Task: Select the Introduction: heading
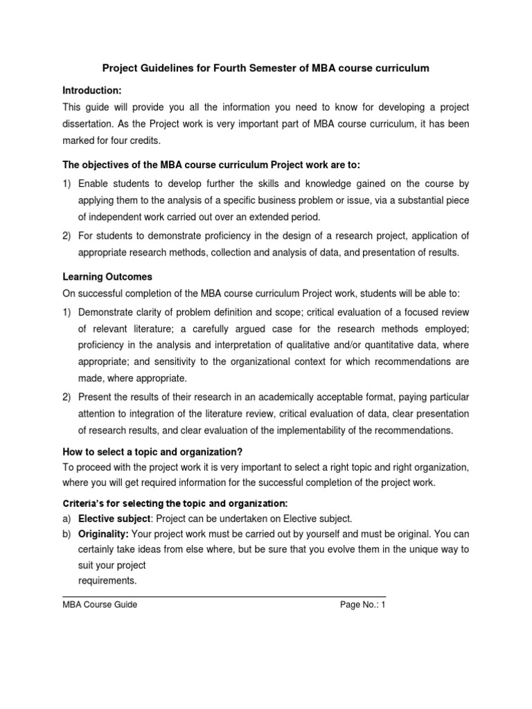[92, 91]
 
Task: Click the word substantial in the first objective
[421, 201]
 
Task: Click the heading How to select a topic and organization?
[152, 451]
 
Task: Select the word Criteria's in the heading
[86, 503]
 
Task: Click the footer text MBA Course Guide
[100, 604]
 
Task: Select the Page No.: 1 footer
[362, 604]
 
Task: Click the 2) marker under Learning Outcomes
[67, 397]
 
